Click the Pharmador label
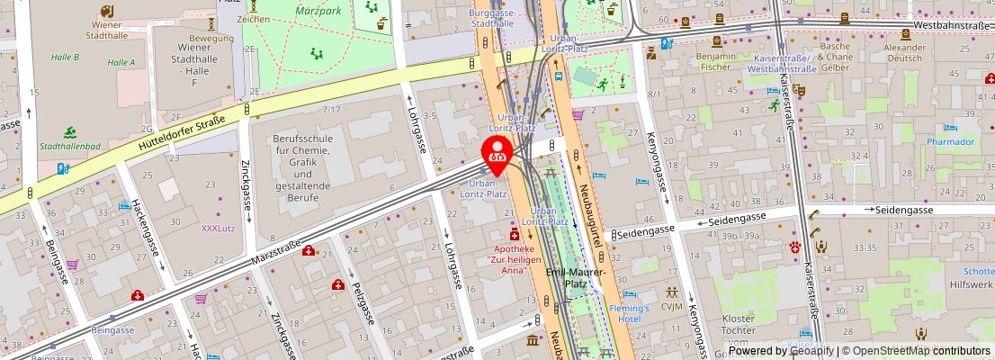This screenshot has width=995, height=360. [951, 142]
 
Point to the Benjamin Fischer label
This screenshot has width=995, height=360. [716, 61]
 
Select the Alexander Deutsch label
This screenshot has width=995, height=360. [904, 52]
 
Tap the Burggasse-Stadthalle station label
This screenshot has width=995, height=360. [491, 19]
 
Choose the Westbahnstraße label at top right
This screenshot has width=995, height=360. [952, 25]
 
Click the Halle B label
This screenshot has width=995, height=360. [66, 57]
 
